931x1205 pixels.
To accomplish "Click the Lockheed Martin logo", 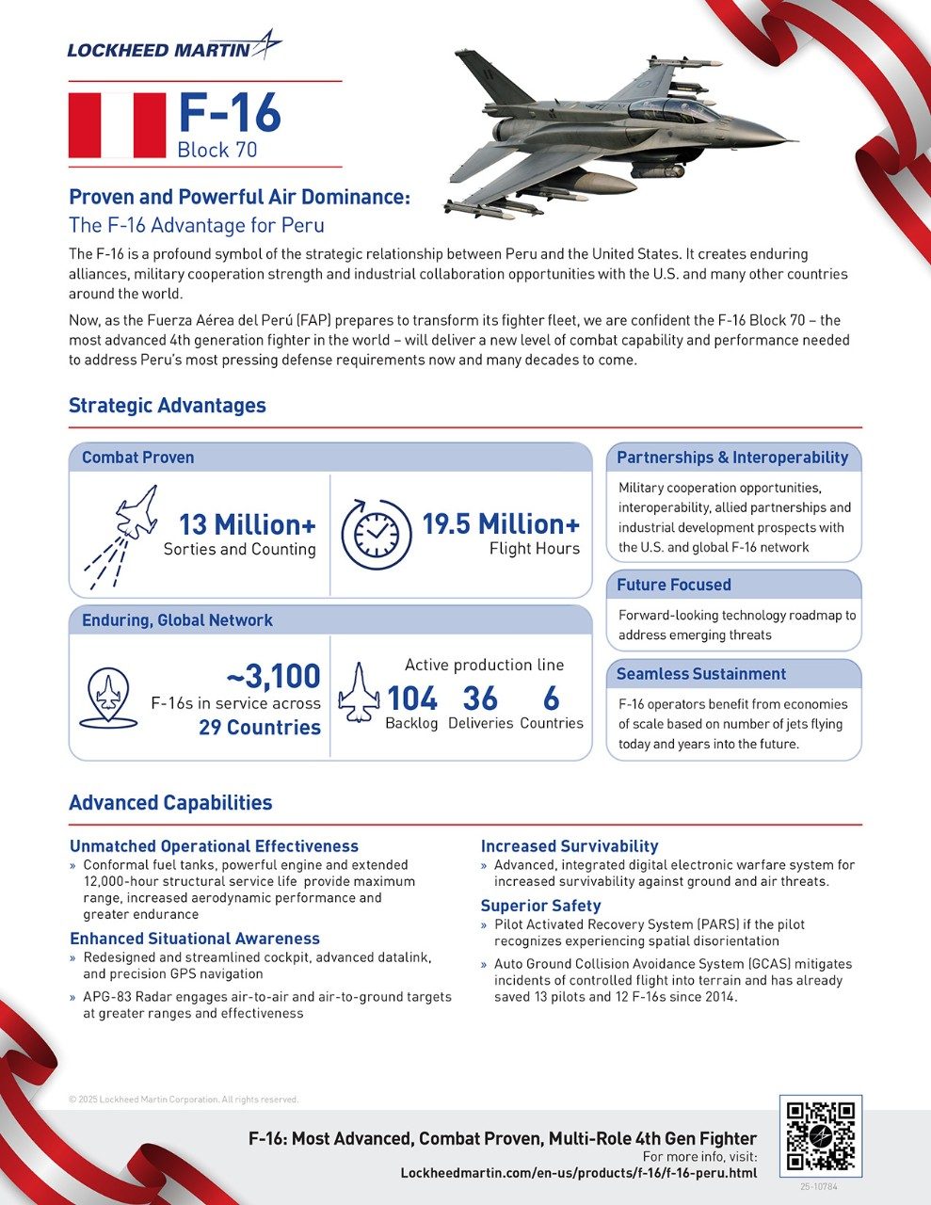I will (x=174, y=47).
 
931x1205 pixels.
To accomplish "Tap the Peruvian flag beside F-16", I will (x=117, y=125).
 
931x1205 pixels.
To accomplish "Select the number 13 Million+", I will (x=248, y=524).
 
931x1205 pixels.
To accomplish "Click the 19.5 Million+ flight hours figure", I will (x=500, y=524).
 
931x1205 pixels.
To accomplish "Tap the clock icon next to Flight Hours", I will (x=376, y=534).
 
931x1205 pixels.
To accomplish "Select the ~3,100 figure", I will (x=273, y=676).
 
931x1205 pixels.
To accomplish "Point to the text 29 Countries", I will (x=259, y=728).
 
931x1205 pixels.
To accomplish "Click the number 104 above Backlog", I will (x=412, y=699).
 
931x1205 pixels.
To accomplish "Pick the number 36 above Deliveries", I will (x=480, y=699).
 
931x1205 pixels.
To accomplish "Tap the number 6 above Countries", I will (x=551, y=699).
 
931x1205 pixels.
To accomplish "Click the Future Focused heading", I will (x=673, y=585).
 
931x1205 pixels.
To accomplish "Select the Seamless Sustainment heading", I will (x=700, y=674).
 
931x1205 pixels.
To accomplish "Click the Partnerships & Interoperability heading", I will (x=731, y=458).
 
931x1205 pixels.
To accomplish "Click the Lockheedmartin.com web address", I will (x=578, y=1173).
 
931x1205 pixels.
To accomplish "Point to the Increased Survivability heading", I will (x=569, y=846).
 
